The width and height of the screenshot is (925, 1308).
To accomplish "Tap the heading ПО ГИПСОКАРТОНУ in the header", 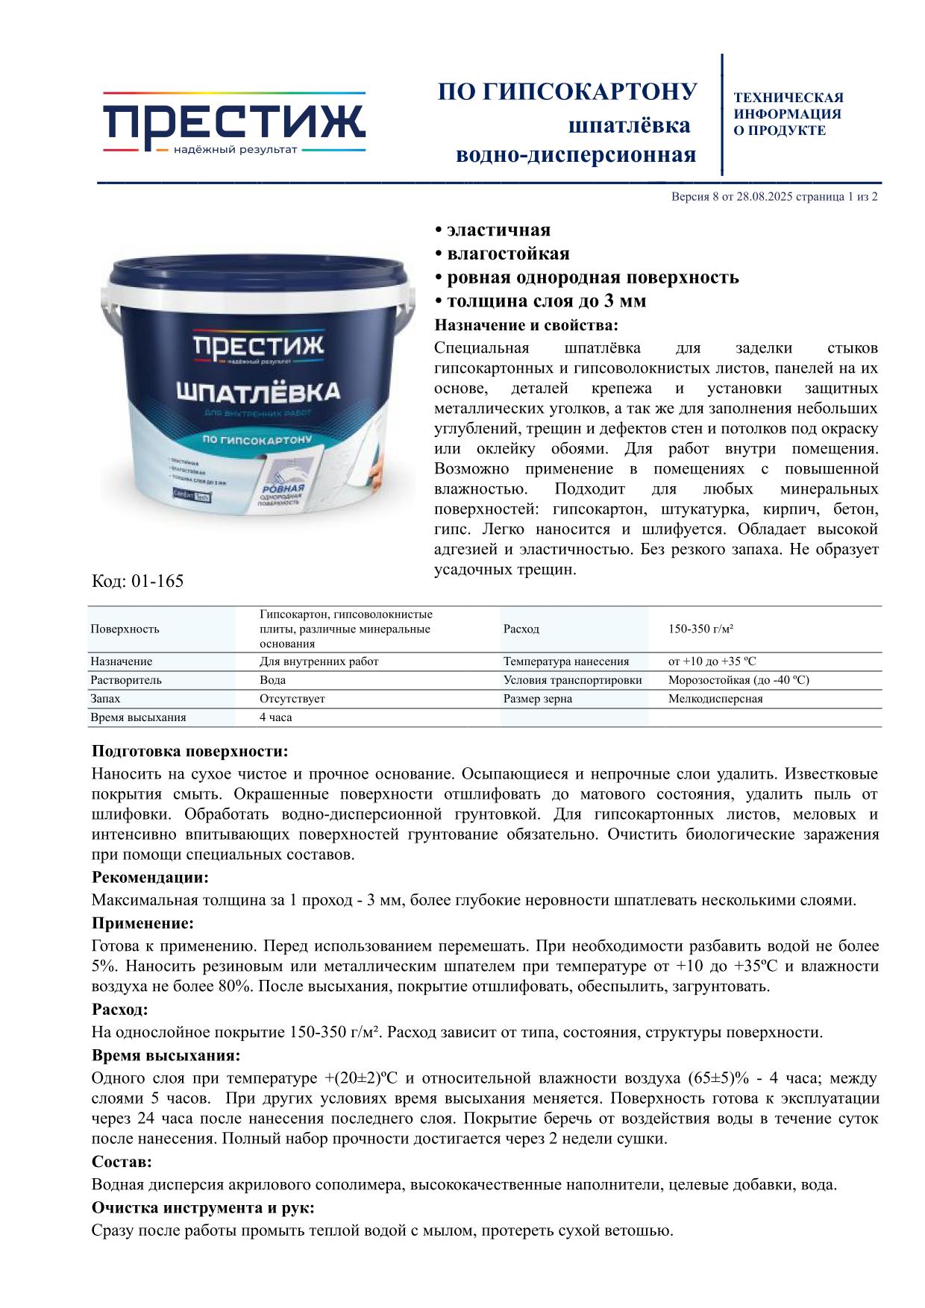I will coord(567,92).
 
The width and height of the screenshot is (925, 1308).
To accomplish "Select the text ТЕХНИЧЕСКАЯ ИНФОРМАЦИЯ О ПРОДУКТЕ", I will coord(788,114).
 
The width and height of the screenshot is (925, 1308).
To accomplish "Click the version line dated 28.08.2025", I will coord(774,198).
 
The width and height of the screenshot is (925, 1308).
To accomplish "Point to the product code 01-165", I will coord(137,581).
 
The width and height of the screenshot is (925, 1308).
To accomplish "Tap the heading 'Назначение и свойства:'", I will coord(526,326).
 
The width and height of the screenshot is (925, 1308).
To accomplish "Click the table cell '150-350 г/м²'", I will coord(700,629).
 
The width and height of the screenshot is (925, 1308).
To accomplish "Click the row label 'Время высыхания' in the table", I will coord(138,717).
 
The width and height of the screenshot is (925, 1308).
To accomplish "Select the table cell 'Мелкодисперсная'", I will coord(715,699).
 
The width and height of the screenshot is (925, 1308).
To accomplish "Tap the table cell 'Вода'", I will coord(272,680).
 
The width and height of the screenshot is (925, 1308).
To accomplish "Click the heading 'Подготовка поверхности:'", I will coord(189,751).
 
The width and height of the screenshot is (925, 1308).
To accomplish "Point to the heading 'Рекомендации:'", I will coord(150,877).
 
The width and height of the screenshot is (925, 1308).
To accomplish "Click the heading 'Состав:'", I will coord(122,1162).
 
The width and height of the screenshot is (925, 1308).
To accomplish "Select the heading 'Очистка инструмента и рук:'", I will coord(202,1208).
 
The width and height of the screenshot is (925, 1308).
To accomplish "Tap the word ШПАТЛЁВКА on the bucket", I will coord(258,392).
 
